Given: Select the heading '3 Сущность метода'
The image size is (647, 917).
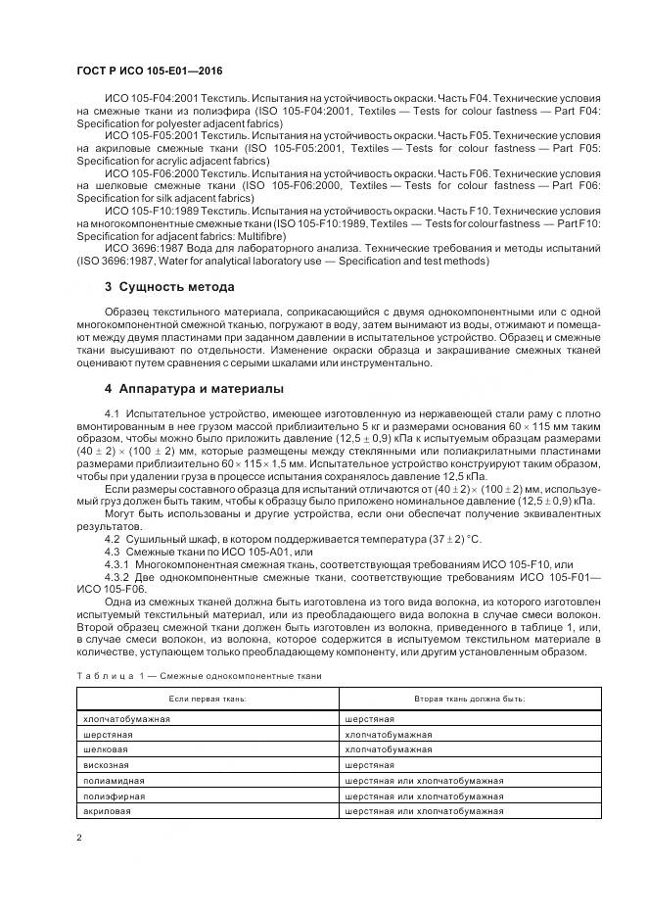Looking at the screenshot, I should click(x=169, y=287).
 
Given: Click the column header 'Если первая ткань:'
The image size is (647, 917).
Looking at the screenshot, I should click(x=208, y=698).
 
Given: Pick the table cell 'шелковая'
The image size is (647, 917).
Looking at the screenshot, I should click(x=106, y=748).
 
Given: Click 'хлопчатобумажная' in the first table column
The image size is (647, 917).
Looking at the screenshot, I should click(x=127, y=718).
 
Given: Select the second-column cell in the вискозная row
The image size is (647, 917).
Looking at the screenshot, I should click(x=370, y=764).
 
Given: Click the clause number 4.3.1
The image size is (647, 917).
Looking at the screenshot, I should click(x=116, y=565).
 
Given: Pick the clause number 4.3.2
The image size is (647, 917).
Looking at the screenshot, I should click(x=116, y=578).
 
